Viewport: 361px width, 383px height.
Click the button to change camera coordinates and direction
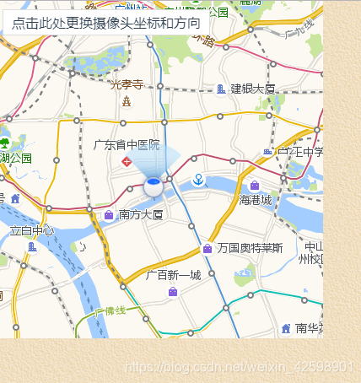point(106,23)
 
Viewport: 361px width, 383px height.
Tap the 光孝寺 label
point(127,84)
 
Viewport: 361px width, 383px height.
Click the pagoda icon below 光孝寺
point(127,101)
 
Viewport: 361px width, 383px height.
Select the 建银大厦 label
point(253,89)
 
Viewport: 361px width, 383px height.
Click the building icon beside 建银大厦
point(221,89)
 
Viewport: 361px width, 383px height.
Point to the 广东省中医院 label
point(127,145)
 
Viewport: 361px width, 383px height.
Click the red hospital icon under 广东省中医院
point(127,161)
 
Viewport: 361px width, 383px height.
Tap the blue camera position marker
point(154,186)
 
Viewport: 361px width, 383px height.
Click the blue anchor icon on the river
point(198,179)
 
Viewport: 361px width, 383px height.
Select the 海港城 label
point(256,200)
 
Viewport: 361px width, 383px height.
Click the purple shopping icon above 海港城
point(255,186)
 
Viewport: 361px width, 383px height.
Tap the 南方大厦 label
point(141,215)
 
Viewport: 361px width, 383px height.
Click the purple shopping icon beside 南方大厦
point(109,215)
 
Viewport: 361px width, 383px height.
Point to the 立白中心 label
point(32,230)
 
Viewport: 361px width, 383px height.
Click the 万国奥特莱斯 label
point(249,248)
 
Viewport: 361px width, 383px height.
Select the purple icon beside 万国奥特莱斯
point(207,248)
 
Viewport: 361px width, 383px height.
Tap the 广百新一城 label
point(173,275)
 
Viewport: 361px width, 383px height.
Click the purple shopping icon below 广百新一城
point(173,291)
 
